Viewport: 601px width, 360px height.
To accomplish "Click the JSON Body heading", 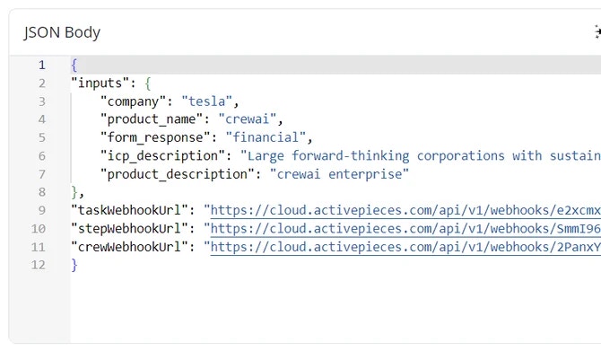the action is pyautogui.click(x=62, y=32).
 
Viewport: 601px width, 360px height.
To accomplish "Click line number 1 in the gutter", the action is pyautogui.click(x=42, y=65).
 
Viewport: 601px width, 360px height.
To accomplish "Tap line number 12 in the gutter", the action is pyautogui.click(x=39, y=265).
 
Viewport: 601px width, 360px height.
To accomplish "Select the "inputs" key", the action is pyautogui.click(x=97, y=83).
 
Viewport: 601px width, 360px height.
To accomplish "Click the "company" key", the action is pyautogui.click(x=134, y=101).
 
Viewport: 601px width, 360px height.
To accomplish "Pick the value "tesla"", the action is pyautogui.click(x=207, y=101).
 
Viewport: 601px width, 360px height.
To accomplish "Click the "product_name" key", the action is pyautogui.click(x=152, y=119).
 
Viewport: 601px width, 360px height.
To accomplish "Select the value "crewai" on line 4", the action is pyautogui.click(x=248, y=119).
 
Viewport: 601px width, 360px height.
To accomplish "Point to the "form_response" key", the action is pyautogui.click(x=155, y=137).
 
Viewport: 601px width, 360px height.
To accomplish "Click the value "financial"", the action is pyautogui.click(x=266, y=137).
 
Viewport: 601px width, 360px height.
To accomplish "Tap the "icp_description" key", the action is pyautogui.click(x=162, y=156).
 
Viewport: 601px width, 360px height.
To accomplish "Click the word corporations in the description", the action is pyautogui.click(x=461, y=156).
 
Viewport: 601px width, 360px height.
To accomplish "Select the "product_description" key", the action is pyautogui.click(x=177, y=174).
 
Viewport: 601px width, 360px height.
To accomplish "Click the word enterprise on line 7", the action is pyautogui.click(x=365, y=174).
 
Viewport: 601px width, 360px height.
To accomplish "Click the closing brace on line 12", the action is pyautogui.click(x=74, y=265).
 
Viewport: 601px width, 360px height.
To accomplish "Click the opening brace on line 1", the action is pyautogui.click(x=74, y=65).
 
